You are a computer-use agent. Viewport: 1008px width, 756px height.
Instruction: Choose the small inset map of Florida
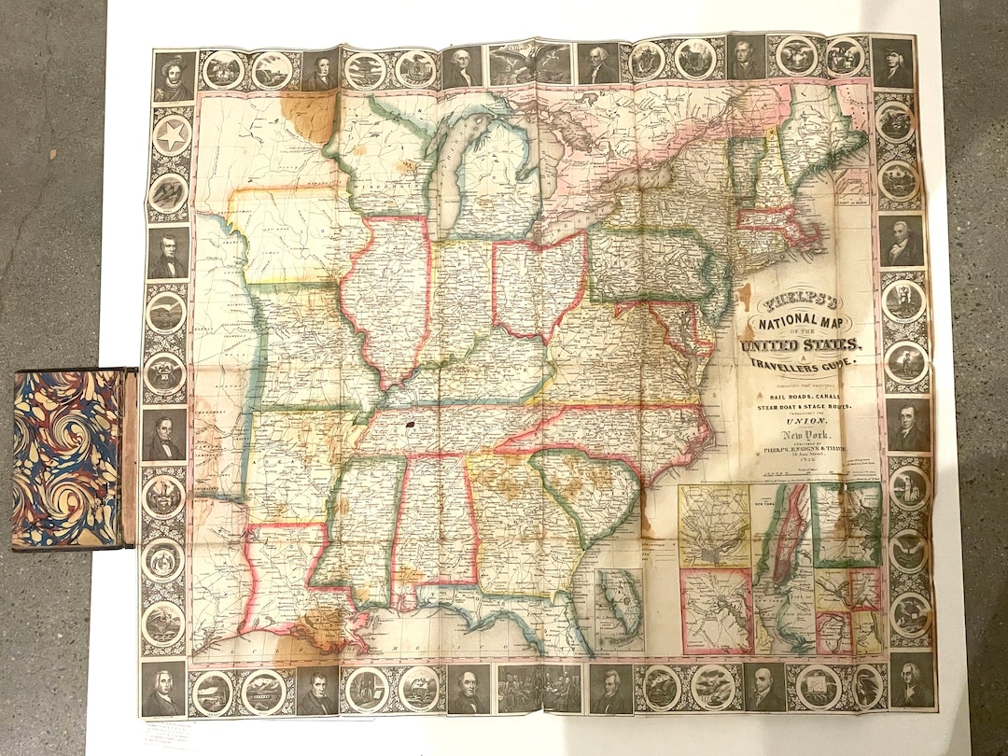coord(620,609)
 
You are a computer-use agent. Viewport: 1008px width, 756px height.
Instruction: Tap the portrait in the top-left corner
coord(174,76)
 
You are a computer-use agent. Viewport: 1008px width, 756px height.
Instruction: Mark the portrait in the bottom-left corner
coord(163,689)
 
